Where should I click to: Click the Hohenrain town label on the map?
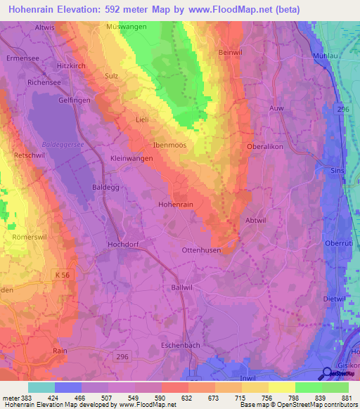[x=175, y=204]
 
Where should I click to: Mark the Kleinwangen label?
[x=132, y=159]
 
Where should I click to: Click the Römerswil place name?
[x=30, y=238]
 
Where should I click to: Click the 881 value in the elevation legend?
[x=344, y=398]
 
